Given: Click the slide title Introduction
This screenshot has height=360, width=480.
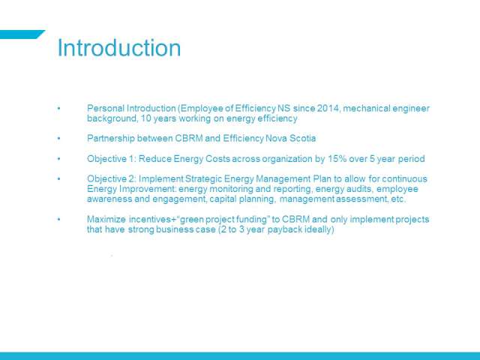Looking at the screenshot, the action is tap(119, 48).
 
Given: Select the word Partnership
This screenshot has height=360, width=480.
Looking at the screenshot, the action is tap(111, 138).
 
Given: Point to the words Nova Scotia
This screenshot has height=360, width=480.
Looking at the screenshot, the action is tap(290, 138).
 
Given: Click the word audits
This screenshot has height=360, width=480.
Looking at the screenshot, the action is tap(359, 189).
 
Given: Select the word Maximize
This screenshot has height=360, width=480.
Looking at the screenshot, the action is tap(106, 219).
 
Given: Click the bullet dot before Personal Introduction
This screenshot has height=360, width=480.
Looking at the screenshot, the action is tap(58, 108).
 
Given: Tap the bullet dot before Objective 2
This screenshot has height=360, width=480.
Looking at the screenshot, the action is tap(58, 178).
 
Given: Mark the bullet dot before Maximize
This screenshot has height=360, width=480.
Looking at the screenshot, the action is tap(58, 219).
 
